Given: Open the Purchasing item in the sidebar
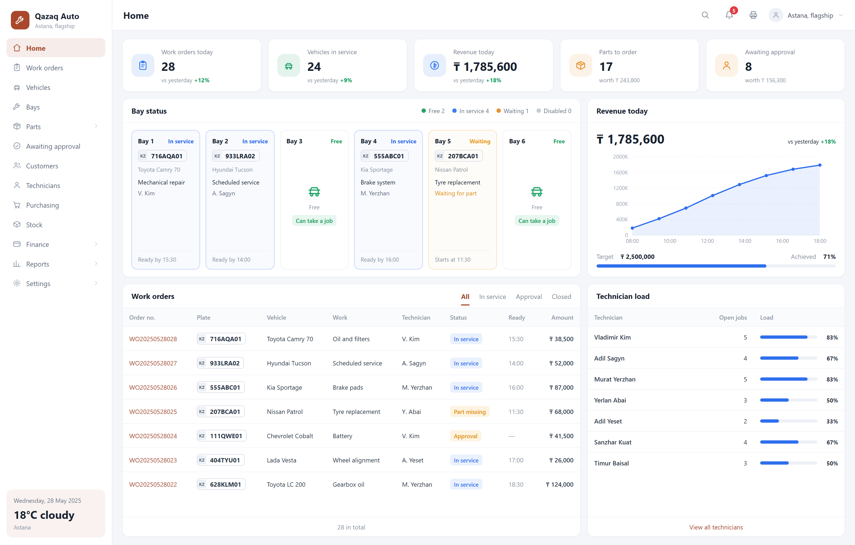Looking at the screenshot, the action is coord(42,205).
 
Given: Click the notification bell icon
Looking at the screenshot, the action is coord(729,15).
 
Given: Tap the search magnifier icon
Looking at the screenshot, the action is coord(705,15).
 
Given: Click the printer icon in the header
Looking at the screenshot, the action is coord(753,15).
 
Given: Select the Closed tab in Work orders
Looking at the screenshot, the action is coord(561,297).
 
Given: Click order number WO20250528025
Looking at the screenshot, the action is coord(153,411).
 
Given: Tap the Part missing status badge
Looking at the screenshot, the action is coord(469,411).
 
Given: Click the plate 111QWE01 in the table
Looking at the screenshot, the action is coord(222,436).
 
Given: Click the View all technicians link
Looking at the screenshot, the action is coord(716,527).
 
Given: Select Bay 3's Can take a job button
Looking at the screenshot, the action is coord(314,221).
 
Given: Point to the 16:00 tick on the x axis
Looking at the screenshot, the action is coord(782,241).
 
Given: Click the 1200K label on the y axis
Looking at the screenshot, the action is coord(620,188).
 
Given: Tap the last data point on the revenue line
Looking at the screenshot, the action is coord(820,165).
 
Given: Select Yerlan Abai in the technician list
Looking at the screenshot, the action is coord(610,400).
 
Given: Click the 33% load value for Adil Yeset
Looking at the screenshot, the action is coord(832,421).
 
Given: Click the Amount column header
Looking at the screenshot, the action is coord(562,317).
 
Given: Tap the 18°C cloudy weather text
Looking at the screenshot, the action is coord(44,515).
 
